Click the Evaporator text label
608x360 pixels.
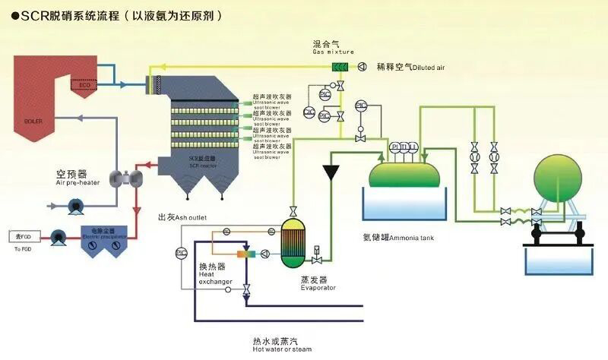[317, 283]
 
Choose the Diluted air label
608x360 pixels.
[410, 68]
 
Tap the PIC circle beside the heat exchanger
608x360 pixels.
[181, 251]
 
